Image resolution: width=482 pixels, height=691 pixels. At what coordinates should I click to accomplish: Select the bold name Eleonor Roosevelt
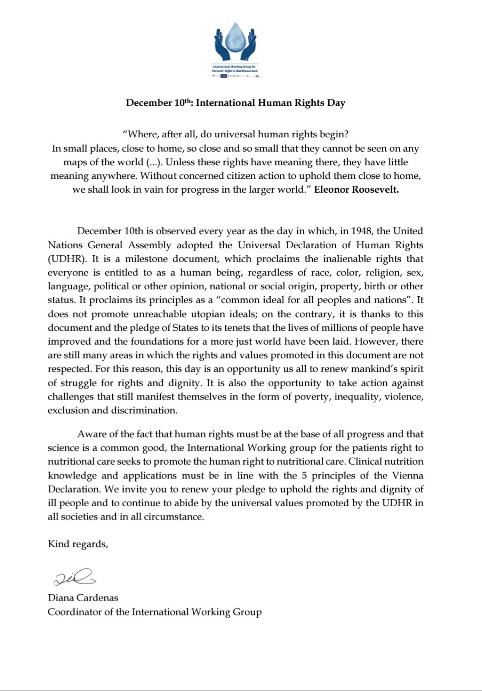[x=356, y=190]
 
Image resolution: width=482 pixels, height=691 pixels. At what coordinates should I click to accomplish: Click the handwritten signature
[x=74, y=577]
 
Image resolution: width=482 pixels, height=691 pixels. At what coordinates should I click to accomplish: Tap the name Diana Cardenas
[x=83, y=598]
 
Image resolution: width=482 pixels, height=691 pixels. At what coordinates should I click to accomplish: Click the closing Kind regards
[x=78, y=544]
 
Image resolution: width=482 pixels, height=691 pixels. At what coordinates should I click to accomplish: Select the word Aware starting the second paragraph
[x=90, y=434]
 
